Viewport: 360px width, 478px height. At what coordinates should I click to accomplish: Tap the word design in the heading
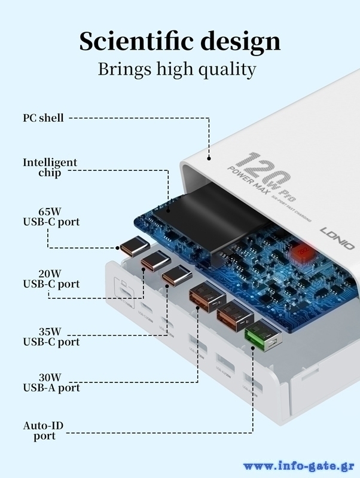tap(238, 42)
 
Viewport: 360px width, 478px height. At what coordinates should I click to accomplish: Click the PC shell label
tap(43, 118)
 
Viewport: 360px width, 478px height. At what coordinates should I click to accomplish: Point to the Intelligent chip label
tap(50, 167)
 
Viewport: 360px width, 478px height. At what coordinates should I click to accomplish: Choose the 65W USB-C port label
tap(51, 216)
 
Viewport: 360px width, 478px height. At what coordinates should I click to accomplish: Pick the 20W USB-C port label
tap(51, 278)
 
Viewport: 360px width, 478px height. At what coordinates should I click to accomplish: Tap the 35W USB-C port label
tap(51, 336)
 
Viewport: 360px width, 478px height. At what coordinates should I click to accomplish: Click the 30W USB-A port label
tap(51, 382)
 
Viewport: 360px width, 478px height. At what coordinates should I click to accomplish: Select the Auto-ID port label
tap(43, 431)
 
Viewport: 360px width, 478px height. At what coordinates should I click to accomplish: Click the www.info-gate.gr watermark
tap(298, 466)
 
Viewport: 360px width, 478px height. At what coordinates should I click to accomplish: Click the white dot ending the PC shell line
tap(209, 159)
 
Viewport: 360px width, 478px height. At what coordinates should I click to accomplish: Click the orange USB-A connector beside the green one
tap(233, 317)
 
